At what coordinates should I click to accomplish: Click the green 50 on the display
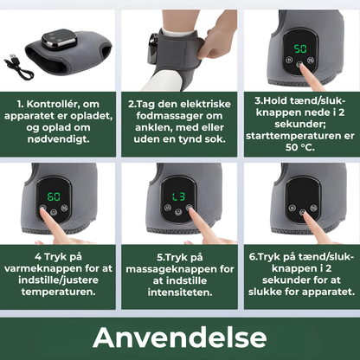pyautogui.click(x=300, y=48)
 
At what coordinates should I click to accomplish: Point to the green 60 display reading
pyautogui.click(x=54, y=196)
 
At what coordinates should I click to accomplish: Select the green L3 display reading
pyautogui.click(x=179, y=196)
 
